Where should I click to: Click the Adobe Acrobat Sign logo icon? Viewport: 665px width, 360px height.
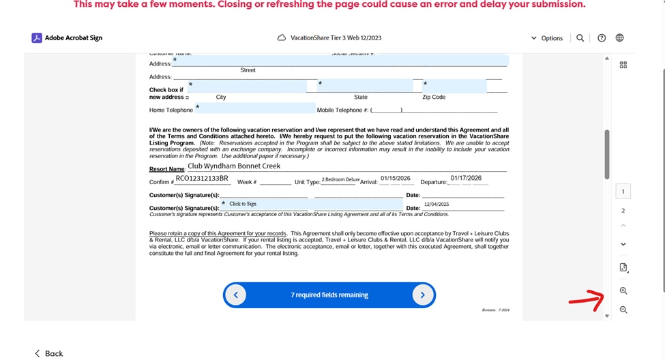[x=37, y=38]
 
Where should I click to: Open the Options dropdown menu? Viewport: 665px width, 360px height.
[x=547, y=38]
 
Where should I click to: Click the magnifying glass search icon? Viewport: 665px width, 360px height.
[x=580, y=38]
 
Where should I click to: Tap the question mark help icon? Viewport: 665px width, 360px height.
[x=602, y=38]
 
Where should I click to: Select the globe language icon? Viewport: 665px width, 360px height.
[x=619, y=38]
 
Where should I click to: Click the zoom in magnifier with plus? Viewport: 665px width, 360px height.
[x=623, y=291]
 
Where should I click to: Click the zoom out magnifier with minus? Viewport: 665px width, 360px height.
[x=623, y=310]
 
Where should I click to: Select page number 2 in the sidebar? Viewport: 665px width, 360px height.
[x=623, y=211]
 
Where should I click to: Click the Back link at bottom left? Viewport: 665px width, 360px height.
[x=49, y=353]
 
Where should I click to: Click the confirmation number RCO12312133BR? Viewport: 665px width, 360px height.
[x=202, y=179]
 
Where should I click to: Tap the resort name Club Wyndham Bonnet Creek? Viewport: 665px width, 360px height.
[x=234, y=166]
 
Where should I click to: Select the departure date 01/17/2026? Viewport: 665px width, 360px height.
[x=466, y=178]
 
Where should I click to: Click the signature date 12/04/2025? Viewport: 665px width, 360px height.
[x=437, y=204]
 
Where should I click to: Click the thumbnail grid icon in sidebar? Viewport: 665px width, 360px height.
[x=623, y=65]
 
